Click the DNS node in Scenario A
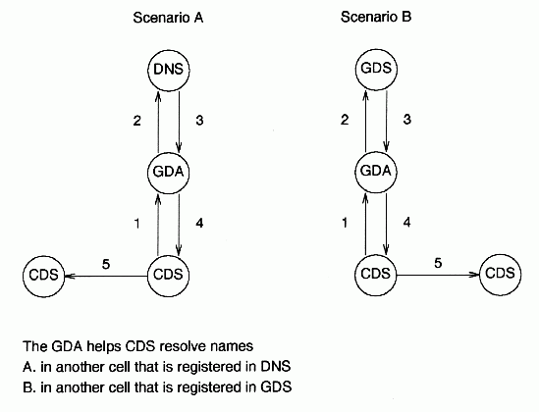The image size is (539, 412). pos(169,70)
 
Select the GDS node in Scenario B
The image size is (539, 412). pos(376,69)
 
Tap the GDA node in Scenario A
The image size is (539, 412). pos(169,173)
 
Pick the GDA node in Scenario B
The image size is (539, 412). pos(376,172)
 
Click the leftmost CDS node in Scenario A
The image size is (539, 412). pos(44,276)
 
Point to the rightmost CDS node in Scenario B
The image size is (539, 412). pos(500,275)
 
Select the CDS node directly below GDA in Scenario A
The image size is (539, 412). pos(169,276)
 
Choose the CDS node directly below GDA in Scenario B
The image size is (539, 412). pos(376,275)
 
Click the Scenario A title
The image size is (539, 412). pos(168,18)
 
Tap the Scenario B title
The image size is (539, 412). pos(376,17)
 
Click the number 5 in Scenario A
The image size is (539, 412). pos(106,265)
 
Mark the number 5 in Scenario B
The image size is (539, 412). pos(438,263)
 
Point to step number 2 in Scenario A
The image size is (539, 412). pos(136,121)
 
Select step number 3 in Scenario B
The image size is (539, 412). pos(407,120)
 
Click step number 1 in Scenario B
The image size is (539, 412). pos(345,224)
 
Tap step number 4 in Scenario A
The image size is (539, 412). pos(199,224)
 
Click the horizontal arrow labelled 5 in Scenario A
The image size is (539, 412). pos(106,276)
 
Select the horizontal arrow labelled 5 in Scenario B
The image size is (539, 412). pos(438,275)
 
